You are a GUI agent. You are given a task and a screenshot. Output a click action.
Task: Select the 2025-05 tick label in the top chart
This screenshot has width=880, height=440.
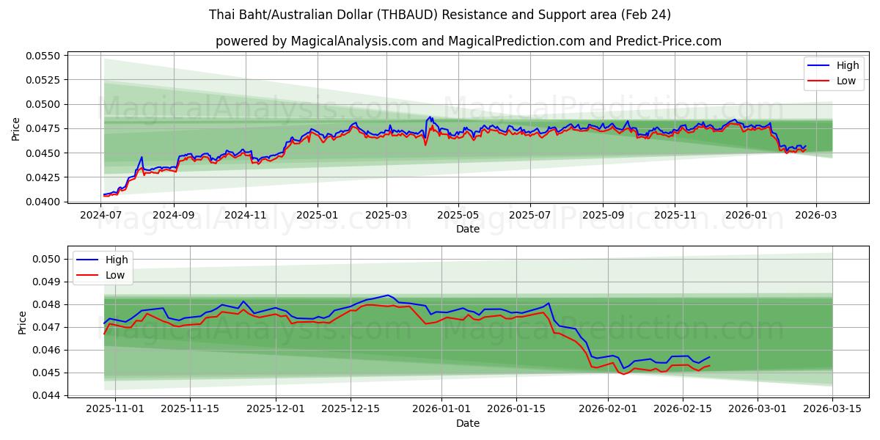458,216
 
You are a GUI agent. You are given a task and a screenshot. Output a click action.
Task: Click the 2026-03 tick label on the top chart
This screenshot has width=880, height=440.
816,216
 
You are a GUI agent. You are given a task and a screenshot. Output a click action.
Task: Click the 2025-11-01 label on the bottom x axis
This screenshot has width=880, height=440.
116,409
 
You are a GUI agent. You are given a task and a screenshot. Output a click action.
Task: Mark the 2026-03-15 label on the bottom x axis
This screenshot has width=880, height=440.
832,409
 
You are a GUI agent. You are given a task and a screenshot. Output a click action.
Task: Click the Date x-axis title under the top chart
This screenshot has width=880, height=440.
468,229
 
